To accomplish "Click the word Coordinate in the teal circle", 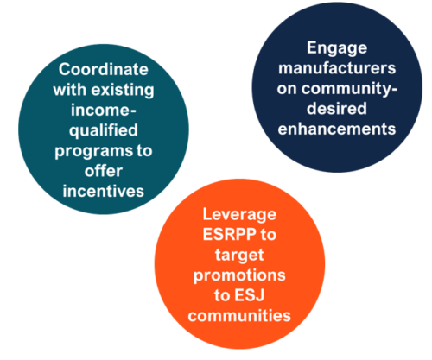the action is pos(104,69).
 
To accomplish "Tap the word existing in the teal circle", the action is pos(123,91).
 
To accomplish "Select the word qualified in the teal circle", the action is pos(104,131).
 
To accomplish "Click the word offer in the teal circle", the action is pos(104,171).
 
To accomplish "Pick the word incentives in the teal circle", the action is pos(104,192).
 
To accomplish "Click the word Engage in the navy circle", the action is pos(337,48).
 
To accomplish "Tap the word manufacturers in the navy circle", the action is pos(337,68).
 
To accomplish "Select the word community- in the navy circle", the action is pos(350,89).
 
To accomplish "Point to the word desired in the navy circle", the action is pos(337,109).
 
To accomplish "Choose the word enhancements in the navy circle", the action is pos(337,129).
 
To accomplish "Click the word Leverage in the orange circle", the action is pos(239,215).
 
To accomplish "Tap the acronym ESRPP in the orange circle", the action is pos(230,235).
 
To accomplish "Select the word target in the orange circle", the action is pos(239,256).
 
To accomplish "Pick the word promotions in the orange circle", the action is pos(239,276).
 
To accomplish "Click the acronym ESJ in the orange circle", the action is pos(250,295).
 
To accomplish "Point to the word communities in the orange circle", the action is pos(239,316).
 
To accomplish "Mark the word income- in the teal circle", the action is pos(104,111).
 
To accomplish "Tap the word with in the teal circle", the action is pos(70,90).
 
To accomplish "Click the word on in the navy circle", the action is pos(287,89).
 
